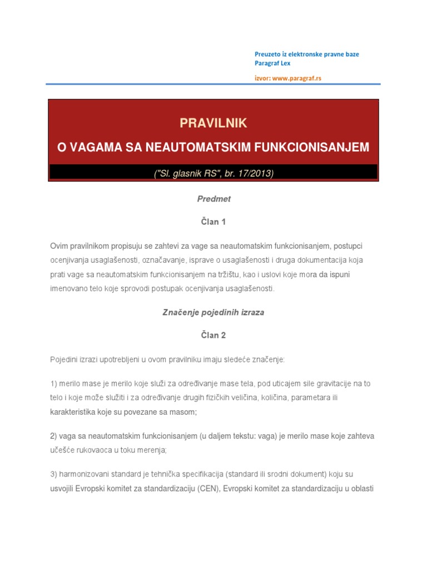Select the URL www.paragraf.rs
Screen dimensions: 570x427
pyautogui.click(x=297, y=78)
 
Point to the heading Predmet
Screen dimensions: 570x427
pyautogui.click(x=213, y=198)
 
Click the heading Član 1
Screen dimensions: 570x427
pyautogui.click(x=213, y=222)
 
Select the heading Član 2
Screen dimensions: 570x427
pyautogui.click(x=213, y=336)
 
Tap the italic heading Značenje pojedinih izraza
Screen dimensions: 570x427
pyautogui.click(x=213, y=312)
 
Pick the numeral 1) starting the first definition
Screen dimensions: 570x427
pyautogui.click(x=54, y=384)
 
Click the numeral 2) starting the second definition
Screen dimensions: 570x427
pyautogui.click(x=54, y=436)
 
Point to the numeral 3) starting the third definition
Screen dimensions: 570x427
pyautogui.click(x=54, y=474)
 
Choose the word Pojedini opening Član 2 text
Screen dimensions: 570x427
pyautogui.click(x=63, y=360)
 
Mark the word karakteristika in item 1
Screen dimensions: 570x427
pyautogui.click(x=75, y=412)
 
